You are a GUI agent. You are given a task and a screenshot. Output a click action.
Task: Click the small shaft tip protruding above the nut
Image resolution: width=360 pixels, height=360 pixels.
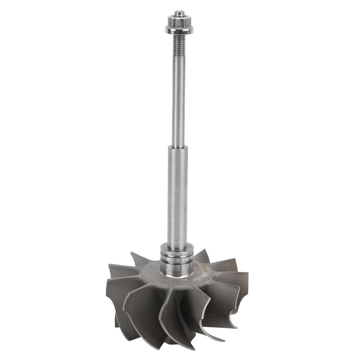coord(180,14)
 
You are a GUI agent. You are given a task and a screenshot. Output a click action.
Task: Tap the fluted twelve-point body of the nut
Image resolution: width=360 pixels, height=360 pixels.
coord(179,22)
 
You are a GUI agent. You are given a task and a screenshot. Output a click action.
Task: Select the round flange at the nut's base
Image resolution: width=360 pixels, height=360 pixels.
coord(179,31)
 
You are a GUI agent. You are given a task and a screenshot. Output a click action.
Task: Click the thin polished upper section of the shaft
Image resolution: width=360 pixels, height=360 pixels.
coord(178,105)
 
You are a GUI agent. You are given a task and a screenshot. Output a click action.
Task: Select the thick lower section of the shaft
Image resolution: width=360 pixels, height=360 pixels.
coord(177,197)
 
